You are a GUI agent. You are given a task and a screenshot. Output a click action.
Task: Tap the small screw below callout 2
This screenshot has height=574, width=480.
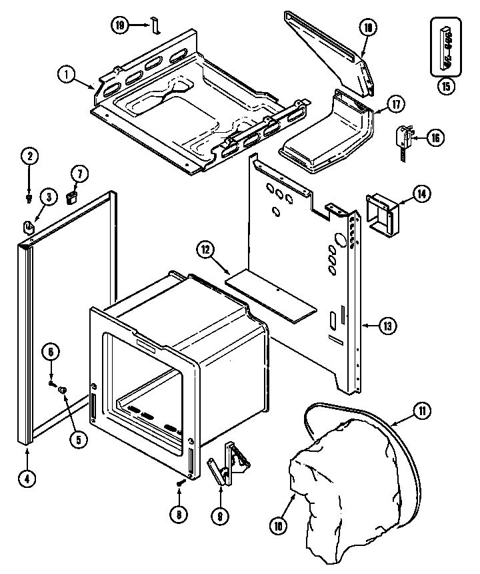(x=29, y=198)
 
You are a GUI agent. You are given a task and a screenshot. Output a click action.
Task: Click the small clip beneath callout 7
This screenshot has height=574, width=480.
(x=73, y=196)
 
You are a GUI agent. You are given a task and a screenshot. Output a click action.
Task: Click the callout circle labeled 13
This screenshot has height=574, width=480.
(x=387, y=326)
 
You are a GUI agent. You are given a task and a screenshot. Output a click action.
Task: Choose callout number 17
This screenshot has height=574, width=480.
(x=396, y=105)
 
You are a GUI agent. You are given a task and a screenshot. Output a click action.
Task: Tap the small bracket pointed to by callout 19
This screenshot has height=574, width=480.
(x=155, y=26)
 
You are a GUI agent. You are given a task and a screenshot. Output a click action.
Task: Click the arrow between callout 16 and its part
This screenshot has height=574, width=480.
(x=417, y=139)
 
